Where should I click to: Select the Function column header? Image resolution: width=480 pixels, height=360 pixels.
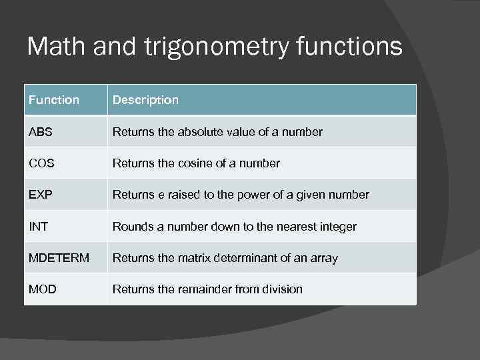(54, 100)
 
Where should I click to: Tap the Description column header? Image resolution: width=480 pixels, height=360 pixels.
(145, 100)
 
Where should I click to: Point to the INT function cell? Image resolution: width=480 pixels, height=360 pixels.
(38, 227)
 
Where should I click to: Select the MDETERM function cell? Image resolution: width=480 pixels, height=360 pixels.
(59, 258)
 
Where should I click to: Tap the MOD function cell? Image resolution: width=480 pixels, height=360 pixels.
(42, 289)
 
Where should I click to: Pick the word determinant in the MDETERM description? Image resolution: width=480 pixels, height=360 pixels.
(253, 258)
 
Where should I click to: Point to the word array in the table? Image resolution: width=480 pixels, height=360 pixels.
(324, 259)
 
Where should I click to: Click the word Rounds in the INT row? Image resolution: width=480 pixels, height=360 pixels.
(131, 227)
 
